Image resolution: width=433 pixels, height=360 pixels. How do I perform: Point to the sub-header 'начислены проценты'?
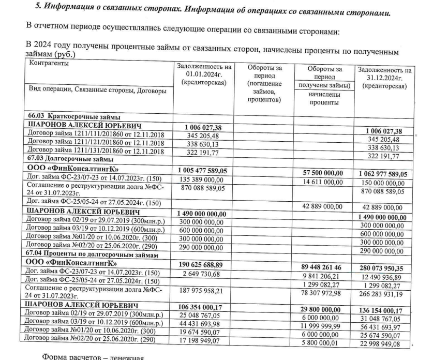tap(324, 98)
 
